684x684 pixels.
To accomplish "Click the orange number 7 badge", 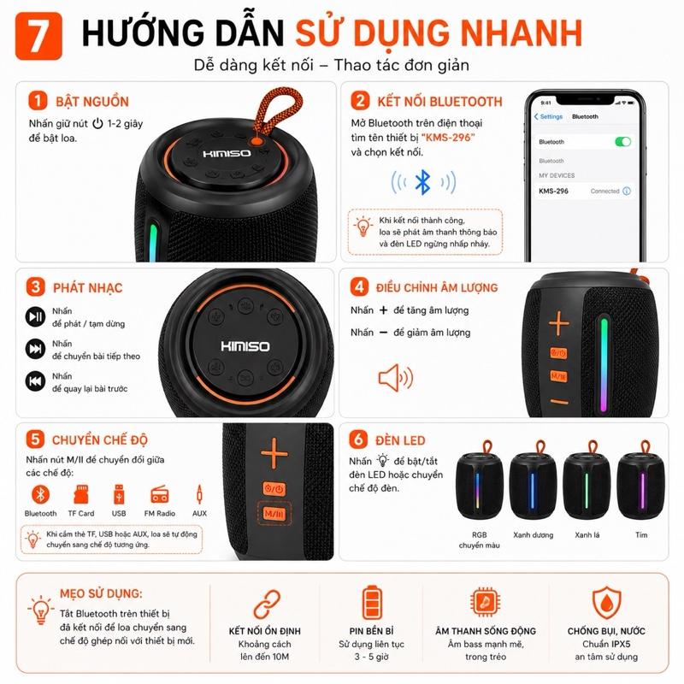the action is (38, 36).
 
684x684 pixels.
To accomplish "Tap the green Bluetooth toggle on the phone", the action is (622, 141).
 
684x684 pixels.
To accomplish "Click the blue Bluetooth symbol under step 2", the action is (422, 182).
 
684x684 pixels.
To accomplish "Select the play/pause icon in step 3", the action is (35, 316).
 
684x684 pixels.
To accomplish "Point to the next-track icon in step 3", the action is (35, 349).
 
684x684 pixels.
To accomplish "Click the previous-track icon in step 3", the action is (35, 381).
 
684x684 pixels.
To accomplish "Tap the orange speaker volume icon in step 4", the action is (396, 377).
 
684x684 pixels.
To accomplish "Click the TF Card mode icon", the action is (81, 494).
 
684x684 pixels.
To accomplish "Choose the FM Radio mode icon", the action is (159, 495).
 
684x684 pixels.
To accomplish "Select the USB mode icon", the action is (119, 494).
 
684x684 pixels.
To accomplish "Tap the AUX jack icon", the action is (199, 494).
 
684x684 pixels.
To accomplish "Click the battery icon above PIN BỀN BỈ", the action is (372, 603).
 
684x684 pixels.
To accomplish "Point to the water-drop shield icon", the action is (606, 603).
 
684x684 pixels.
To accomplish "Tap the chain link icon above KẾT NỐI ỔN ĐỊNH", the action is (267, 604).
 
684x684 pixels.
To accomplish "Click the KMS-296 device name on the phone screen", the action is (553, 191).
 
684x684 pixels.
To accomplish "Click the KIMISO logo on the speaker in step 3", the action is (245, 346).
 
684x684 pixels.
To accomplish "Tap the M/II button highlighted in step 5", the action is (274, 514).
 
